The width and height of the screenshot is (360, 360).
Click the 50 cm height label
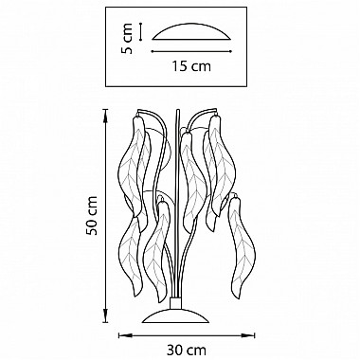click(x=92, y=216)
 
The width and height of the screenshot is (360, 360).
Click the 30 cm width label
click(x=187, y=351)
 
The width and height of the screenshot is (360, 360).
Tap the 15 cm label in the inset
click(x=191, y=66)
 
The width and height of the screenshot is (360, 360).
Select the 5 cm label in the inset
click(x=127, y=39)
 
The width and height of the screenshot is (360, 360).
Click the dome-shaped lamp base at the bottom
click(x=175, y=316)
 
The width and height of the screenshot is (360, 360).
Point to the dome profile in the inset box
click(x=191, y=30)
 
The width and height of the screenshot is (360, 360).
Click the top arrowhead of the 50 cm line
click(x=106, y=113)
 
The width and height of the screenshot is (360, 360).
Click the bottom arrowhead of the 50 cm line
click(x=106, y=318)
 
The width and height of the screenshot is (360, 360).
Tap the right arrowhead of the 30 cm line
click(x=251, y=335)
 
